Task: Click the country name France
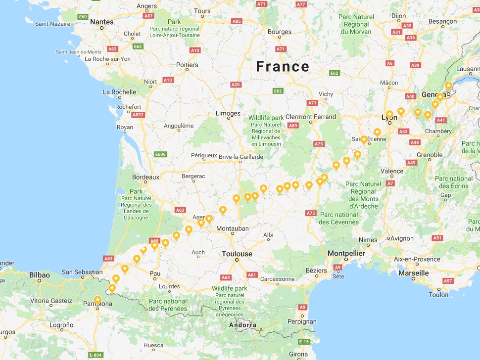[283, 67]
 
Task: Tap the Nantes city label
[102, 22]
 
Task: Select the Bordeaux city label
[145, 177]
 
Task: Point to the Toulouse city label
[237, 254]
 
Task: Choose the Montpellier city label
[346, 253]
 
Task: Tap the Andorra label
[242, 325]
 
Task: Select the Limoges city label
[228, 114]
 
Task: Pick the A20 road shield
[236, 85]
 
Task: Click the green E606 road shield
[160, 154]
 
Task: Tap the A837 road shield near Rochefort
[138, 115]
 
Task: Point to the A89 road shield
[293, 126]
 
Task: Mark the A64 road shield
[226, 277]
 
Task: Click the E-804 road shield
[96, 355]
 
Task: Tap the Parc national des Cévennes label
[339, 218]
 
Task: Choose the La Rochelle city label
[119, 92]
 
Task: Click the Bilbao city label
[39, 275]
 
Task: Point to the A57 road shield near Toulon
[448, 281]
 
